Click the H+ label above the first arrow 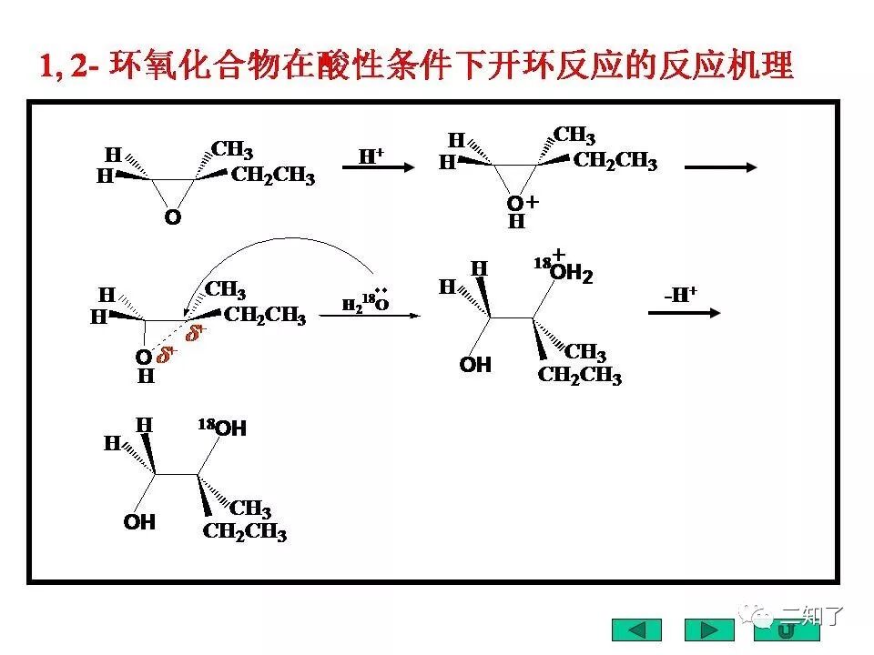371,156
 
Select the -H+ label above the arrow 680,293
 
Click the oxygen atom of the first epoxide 172,218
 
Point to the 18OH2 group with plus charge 564,270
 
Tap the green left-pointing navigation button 636,630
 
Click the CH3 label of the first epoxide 232,150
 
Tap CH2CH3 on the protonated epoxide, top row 615,162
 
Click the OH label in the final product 139,522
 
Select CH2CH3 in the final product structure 245,532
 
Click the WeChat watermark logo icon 755,615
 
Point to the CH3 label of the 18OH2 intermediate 585,353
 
